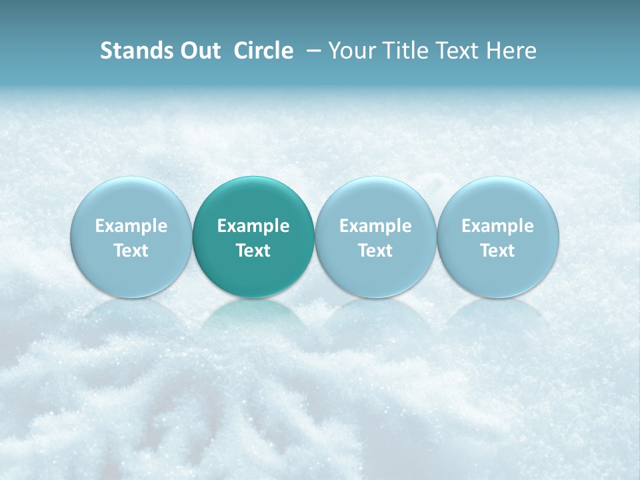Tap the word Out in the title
pyautogui.click(x=199, y=51)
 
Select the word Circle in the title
pyautogui.click(x=263, y=51)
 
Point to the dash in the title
pyautogui.click(x=311, y=51)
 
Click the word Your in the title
pyautogui.click(x=353, y=51)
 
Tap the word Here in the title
pyautogui.click(x=513, y=51)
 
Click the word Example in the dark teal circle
pyautogui.click(x=253, y=226)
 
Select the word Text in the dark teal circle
pyautogui.click(x=253, y=251)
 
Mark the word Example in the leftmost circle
pyautogui.click(x=131, y=226)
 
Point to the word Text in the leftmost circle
pyautogui.click(x=131, y=251)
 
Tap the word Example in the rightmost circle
pyautogui.click(x=498, y=226)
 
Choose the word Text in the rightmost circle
pyautogui.click(x=498, y=251)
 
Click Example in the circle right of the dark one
pyautogui.click(x=375, y=226)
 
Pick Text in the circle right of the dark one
pyautogui.click(x=375, y=251)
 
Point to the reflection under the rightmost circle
pyautogui.click(x=498, y=313)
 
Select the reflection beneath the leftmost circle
pyautogui.click(x=131, y=313)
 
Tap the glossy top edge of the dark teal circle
pyautogui.click(x=253, y=183)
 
